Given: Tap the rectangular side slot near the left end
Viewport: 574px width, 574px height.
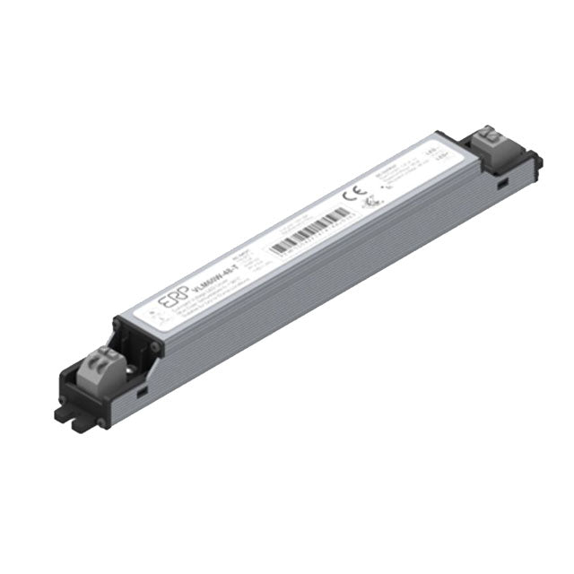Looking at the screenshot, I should [143, 391].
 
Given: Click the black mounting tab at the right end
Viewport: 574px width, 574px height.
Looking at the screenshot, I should [536, 163].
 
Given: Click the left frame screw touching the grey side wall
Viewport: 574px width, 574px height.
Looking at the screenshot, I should [156, 344].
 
